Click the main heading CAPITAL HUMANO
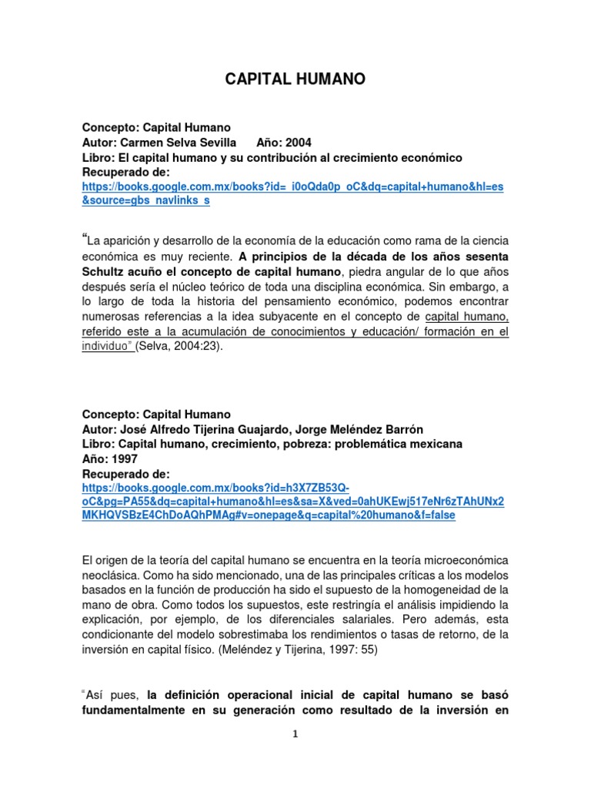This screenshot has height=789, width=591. [x=295, y=79]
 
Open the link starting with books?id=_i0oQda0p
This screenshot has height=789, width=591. [x=292, y=187]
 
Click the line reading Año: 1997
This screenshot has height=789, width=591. [x=109, y=458]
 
